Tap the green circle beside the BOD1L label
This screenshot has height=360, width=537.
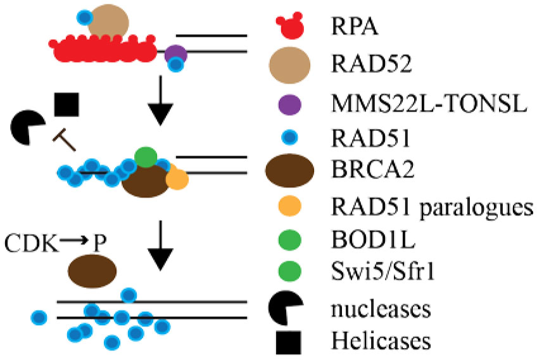point(289,239)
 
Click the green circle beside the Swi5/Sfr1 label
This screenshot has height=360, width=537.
point(289,273)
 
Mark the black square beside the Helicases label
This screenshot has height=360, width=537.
point(289,342)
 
